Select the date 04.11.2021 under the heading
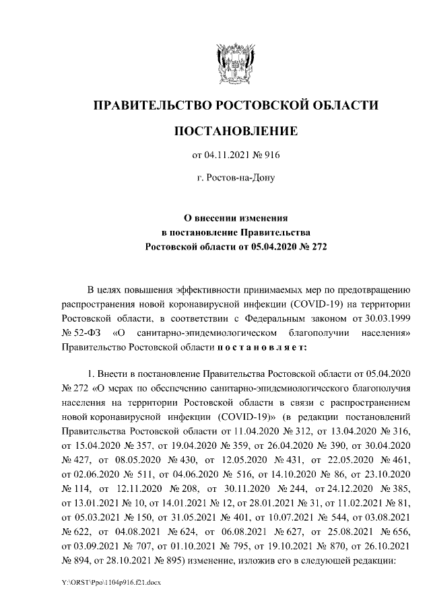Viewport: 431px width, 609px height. [x=227, y=156]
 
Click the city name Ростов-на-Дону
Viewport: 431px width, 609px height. [x=235, y=178]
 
